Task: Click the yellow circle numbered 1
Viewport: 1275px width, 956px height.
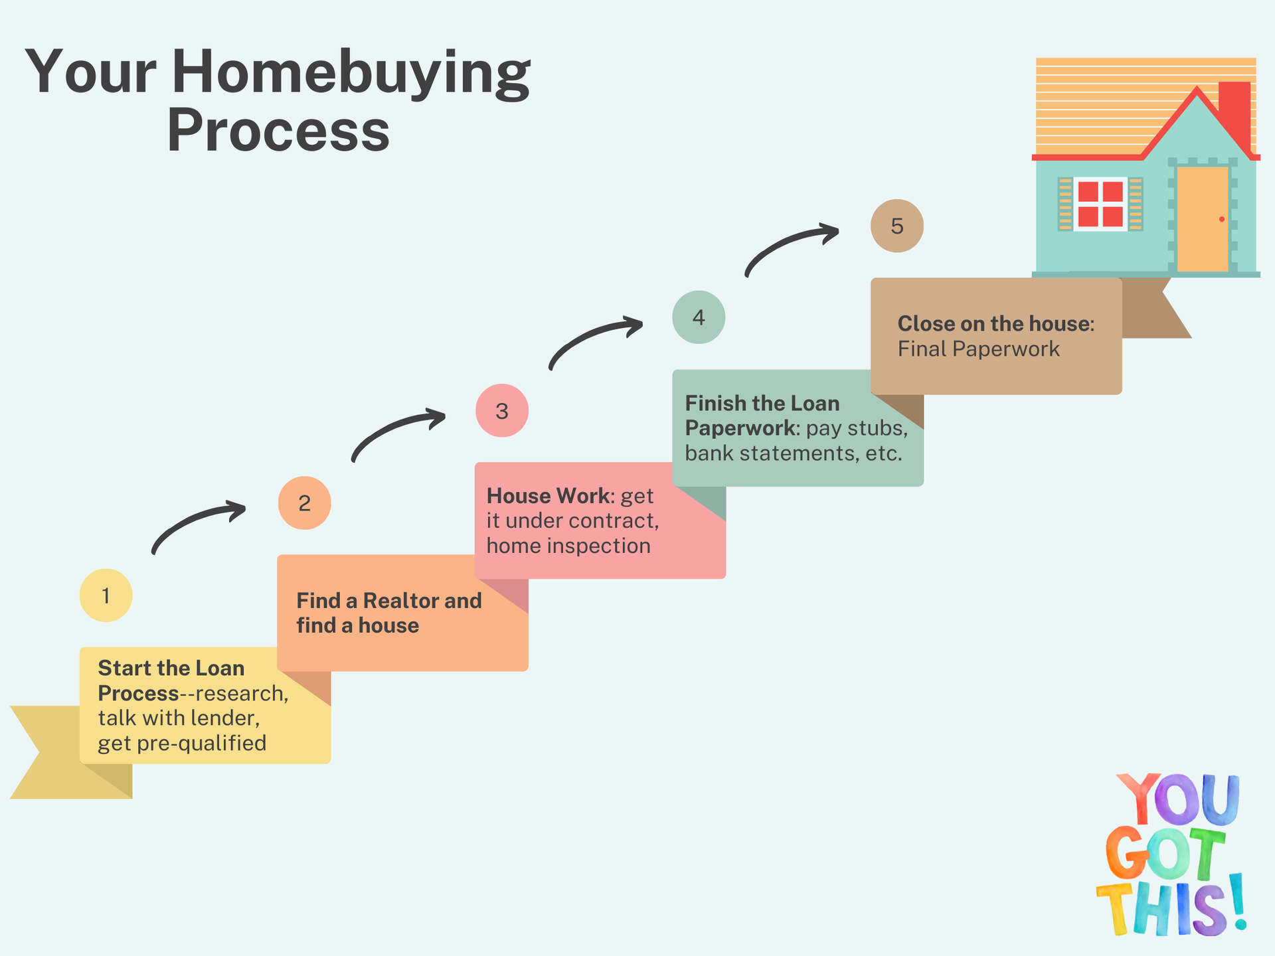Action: pyautogui.click(x=106, y=596)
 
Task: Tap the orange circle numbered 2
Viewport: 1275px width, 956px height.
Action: pyautogui.click(x=304, y=503)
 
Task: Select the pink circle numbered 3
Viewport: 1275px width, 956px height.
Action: pyautogui.click(x=502, y=410)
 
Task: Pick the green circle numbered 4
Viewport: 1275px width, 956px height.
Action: pyautogui.click(x=699, y=317)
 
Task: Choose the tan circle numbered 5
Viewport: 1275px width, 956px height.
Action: pyautogui.click(x=897, y=226)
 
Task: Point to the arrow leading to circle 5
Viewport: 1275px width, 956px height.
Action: pyautogui.click(x=790, y=246)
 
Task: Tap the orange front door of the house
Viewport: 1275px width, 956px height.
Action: pyautogui.click(x=1203, y=218)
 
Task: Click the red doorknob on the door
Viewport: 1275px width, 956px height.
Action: pyautogui.click(x=1222, y=219)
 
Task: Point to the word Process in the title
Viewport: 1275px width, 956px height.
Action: pyautogui.click(x=278, y=130)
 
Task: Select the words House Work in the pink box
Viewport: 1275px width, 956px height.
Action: pyautogui.click(x=548, y=496)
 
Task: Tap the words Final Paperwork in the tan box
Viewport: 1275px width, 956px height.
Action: pyautogui.click(x=978, y=349)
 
